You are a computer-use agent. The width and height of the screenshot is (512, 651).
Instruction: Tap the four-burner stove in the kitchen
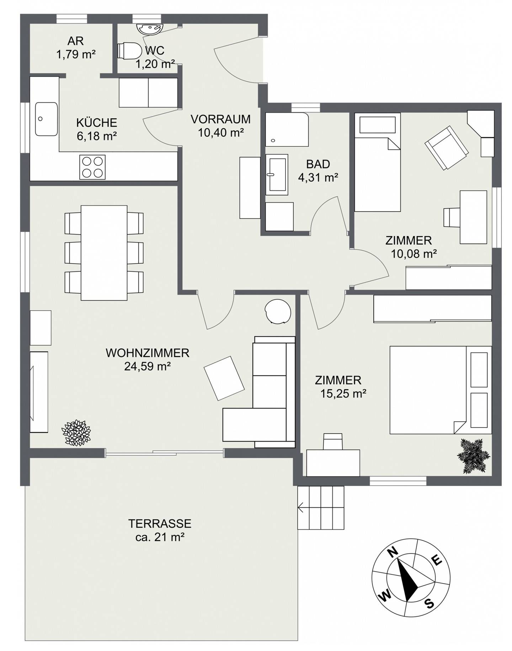(x=92, y=167)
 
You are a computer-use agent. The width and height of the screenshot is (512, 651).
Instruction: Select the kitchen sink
(x=46, y=119)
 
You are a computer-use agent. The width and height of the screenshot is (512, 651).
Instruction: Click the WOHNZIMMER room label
(x=148, y=353)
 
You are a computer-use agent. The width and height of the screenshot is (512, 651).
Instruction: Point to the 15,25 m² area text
(x=343, y=394)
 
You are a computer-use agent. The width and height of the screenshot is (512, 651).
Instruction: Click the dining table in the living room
(x=104, y=253)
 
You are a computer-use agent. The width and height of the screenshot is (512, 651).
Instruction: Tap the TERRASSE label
(x=160, y=523)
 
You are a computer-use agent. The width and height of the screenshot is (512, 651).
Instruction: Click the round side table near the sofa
(x=278, y=311)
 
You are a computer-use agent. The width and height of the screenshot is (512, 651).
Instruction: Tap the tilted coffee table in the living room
(x=224, y=378)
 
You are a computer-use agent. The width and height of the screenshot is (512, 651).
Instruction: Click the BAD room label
(x=318, y=164)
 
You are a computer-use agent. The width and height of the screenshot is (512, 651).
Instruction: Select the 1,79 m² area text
(x=76, y=54)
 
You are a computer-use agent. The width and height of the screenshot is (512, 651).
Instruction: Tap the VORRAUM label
(x=220, y=119)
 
